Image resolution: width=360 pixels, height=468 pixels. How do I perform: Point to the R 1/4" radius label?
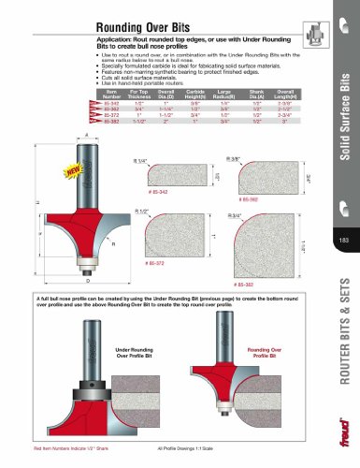click(143, 162)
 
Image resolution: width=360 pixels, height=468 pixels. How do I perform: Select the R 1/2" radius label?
click(143, 212)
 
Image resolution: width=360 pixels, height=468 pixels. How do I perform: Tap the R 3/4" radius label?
click(238, 214)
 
